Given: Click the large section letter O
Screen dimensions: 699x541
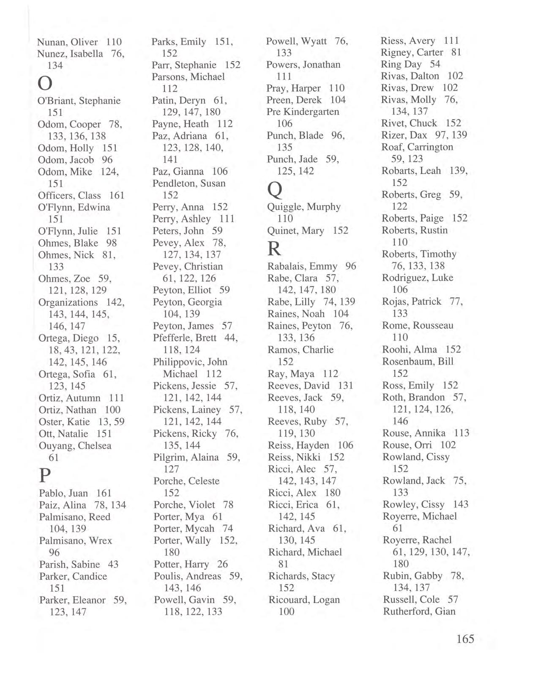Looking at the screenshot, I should tap(46, 83).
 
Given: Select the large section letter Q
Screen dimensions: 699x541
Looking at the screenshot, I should tap(275, 190).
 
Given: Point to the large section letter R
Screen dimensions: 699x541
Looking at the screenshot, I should tap(274, 249).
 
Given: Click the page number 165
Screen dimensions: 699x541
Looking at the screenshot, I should tap(465, 639).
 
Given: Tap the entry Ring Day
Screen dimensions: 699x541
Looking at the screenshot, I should tap(401, 64).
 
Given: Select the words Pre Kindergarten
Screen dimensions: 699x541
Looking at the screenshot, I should tap(303, 112).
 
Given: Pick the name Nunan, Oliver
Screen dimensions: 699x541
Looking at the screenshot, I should tap(68, 42).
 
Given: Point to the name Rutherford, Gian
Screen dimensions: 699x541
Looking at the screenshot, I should tap(419, 611).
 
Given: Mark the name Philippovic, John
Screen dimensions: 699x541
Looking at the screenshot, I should tap(190, 362).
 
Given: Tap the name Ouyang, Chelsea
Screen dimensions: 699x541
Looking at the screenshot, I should tap(75, 446).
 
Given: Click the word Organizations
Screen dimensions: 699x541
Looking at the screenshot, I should tap(68, 302).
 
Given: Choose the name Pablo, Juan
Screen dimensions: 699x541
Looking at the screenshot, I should tap(63, 493).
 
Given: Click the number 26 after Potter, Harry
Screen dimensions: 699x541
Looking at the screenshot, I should tap(222, 564).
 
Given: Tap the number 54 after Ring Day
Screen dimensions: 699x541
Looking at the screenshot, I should tap(435, 64).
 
